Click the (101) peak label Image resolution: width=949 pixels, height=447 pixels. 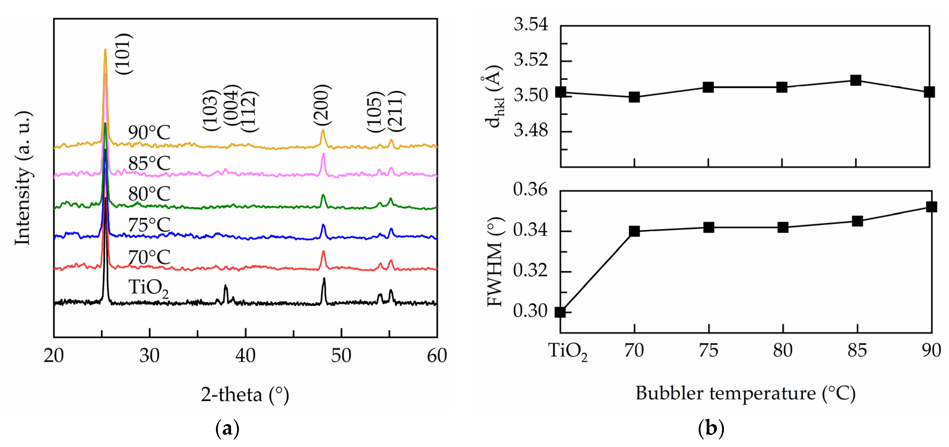coord(123,54)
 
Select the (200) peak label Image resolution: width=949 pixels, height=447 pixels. coord(322,105)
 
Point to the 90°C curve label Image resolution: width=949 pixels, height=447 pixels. coord(149,133)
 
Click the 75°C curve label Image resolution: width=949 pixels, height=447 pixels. coord(149,225)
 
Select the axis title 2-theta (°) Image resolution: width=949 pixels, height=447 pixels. coord(245,395)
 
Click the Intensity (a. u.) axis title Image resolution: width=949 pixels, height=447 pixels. coord(23,178)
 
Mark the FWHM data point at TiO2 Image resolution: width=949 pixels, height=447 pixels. coord(560,312)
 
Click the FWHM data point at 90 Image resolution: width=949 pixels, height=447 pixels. coord(931,207)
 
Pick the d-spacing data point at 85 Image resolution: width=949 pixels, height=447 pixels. coord(855,80)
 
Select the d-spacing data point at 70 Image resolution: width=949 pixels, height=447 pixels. coord(634,97)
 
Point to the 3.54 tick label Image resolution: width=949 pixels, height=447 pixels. coord(531,25)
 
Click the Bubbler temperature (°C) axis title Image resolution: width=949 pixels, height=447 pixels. coord(745,394)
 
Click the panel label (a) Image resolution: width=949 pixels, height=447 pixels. coord(227,429)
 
